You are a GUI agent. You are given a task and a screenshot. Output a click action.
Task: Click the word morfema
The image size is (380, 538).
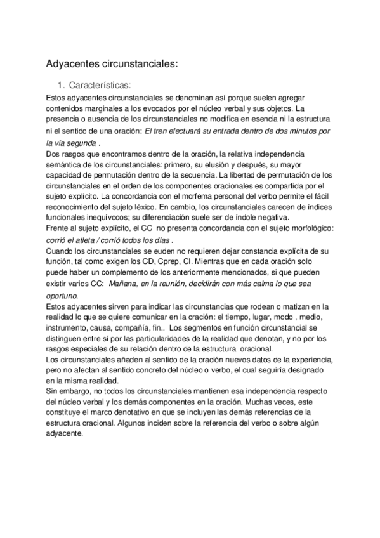[x=188, y=201]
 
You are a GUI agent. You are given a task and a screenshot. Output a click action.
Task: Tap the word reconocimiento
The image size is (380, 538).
[x=77, y=213]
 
